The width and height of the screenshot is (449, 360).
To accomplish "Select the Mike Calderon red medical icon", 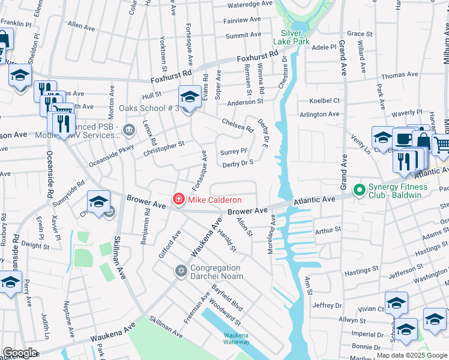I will (x=178, y=199).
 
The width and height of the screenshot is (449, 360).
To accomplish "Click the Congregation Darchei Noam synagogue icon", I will (x=181, y=272).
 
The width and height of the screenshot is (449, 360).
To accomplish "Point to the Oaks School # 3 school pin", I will (x=190, y=97).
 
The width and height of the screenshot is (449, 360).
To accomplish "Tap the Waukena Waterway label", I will (x=236, y=338).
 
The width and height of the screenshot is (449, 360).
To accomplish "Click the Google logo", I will (x=19, y=353).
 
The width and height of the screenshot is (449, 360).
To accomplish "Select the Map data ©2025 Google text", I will (x=412, y=355).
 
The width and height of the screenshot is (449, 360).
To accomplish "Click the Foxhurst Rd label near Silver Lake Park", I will (x=258, y=57).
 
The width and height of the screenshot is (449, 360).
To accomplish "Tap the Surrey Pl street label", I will (x=234, y=151).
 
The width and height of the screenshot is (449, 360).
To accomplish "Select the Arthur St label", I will (x=328, y=230).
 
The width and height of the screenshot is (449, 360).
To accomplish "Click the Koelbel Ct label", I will (x=324, y=101).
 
